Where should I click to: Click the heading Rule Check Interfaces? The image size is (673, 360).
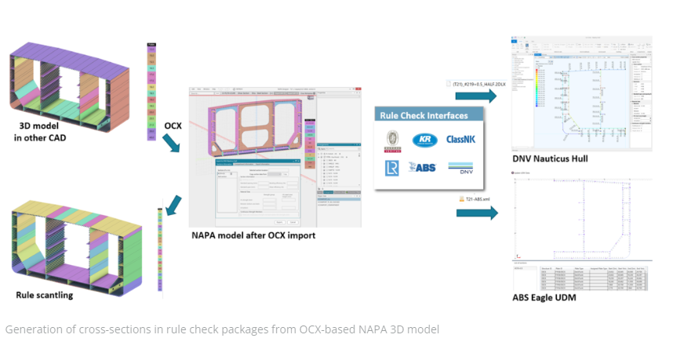[x=424, y=115]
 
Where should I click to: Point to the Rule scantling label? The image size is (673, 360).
[x=44, y=295]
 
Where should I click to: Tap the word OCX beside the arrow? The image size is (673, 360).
[x=173, y=125]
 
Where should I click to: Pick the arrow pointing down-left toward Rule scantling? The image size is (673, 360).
[x=174, y=202]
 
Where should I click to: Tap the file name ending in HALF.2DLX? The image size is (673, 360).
[x=471, y=82]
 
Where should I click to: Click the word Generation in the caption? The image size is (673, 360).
[x=32, y=329]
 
